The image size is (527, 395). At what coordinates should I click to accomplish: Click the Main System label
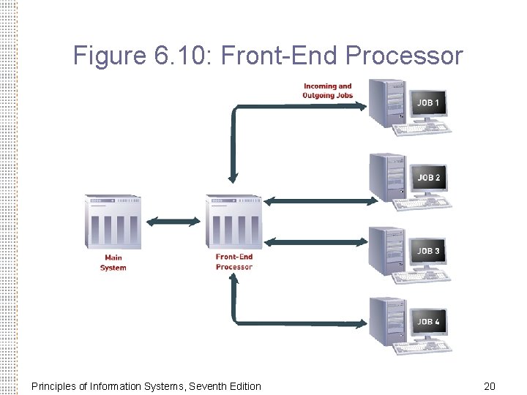pyautogui.click(x=113, y=263)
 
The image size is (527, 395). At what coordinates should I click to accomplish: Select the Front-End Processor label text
pyautogui.click(x=234, y=262)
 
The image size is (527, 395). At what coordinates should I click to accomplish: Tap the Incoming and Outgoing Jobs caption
pyautogui.click(x=327, y=91)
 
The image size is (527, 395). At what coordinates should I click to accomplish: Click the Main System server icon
pyautogui.click(x=113, y=222)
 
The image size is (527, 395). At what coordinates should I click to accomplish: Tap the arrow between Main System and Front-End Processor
pyautogui.click(x=173, y=221)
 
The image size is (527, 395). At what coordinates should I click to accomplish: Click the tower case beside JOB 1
pyautogui.click(x=386, y=103)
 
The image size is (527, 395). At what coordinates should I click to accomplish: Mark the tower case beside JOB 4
pyautogui.click(x=386, y=322)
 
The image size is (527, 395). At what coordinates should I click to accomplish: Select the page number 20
pyautogui.click(x=490, y=385)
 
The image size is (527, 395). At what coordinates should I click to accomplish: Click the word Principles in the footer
pyautogui.click(x=56, y=385)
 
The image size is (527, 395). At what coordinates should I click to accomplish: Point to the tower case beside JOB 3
pyautogui.click(x=386, y=251)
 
